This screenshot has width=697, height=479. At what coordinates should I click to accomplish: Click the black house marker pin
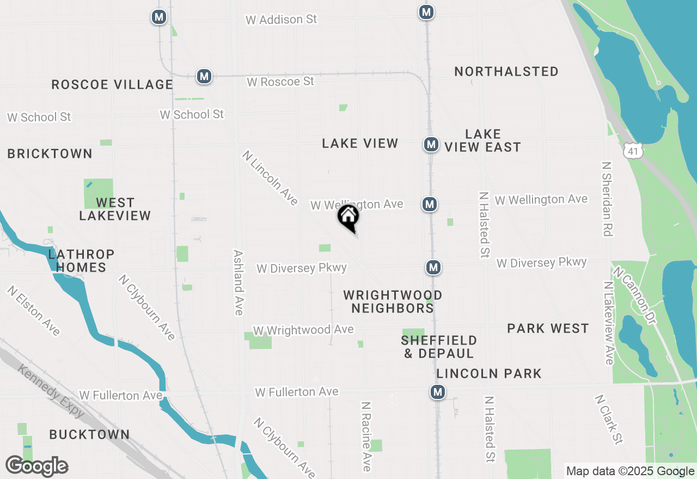(x=348, y=217)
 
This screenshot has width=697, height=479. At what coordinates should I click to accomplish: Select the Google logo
(x=37, y=466)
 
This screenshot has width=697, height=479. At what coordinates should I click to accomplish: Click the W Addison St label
(x=281, y=20)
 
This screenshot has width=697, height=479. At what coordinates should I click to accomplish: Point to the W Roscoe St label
(x=280, y=82)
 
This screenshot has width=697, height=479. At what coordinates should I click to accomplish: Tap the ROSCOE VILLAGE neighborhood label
(x=112, y=84)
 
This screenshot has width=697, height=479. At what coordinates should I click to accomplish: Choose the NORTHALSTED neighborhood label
(x=506, y=71)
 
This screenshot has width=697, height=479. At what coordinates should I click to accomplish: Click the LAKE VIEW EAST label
(x=482, y=140)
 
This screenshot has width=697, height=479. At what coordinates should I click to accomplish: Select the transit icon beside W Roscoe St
(x=204, y=76)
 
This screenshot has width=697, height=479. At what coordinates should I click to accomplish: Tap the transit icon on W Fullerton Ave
(x=437, y=392)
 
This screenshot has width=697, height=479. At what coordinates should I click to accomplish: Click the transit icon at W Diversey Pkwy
(x=433, y=267)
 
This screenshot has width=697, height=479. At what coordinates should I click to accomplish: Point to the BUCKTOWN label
(x=89, y=434)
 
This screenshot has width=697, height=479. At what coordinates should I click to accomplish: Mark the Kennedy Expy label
(x=51, y=391)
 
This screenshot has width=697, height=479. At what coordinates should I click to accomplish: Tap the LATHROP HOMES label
(x=81, y=261)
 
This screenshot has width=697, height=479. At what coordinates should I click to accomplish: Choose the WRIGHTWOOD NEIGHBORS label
(x=392, y=302)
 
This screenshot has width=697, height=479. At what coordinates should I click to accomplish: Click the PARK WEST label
(x=548, y=328)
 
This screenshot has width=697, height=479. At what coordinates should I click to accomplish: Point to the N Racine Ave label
(x=366, y=437)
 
